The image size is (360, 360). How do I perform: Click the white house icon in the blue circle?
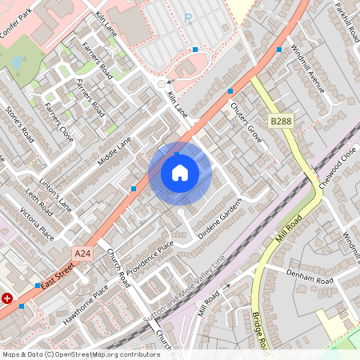click(180, 173)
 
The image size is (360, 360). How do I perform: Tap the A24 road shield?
click(82, 253)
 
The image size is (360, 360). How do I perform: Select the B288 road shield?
click(280, 122)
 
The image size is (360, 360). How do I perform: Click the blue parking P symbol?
click(189, 18)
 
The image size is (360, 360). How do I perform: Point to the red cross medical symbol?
click(8, 298)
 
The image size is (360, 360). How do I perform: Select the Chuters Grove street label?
click(246, 117)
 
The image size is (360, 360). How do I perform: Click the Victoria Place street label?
click(37, 223)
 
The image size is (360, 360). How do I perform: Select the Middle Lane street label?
click(114, 153)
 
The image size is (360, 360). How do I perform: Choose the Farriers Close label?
click(58, 122)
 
